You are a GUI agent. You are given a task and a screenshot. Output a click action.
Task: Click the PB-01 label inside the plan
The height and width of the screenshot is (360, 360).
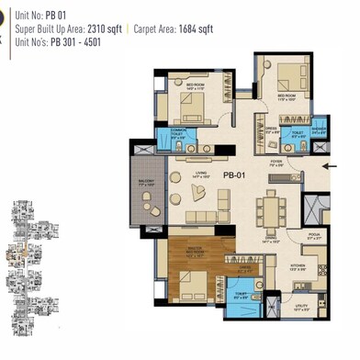pos(234,173)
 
